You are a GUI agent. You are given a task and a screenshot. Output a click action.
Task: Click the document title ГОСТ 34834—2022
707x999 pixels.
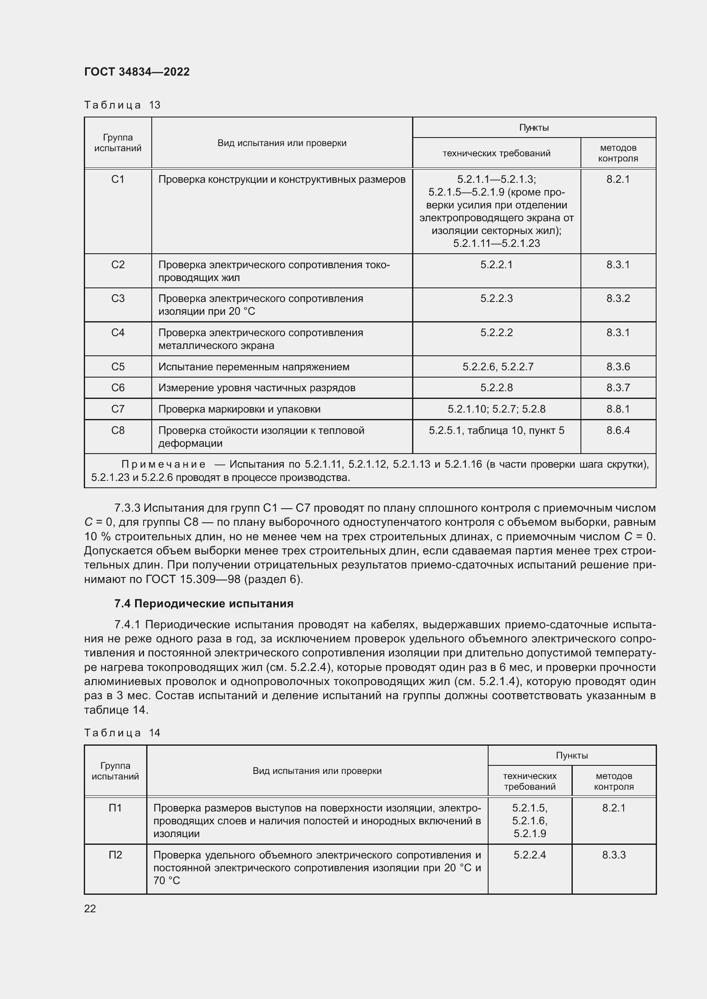coord(137,72)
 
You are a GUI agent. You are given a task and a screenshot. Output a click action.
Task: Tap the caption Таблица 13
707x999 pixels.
coord(122,105)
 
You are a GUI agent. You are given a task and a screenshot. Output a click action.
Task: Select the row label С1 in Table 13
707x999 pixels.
coord(118,179)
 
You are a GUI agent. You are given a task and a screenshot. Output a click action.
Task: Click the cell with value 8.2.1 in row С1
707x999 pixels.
coord(618,179)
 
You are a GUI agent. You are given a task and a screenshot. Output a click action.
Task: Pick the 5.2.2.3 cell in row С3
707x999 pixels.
coord(496,299)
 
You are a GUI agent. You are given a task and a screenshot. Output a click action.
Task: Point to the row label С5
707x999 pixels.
coord(118,367)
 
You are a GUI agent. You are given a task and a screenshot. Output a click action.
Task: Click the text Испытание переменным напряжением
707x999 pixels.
coord(253,367)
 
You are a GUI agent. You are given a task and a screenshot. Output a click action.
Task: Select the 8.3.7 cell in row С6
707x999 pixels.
coord(618,388)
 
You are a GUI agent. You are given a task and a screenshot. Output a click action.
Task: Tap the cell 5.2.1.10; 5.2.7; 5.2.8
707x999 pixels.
coord(496,409)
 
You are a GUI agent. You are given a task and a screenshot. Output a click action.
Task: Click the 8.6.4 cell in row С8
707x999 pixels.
coord(618,431)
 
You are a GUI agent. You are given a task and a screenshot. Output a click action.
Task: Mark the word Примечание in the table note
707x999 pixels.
coord(163,465)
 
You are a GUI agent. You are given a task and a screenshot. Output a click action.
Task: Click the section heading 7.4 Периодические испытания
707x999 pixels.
coord(204,604)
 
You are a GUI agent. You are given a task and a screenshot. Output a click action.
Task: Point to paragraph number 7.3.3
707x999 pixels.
coord(127,508)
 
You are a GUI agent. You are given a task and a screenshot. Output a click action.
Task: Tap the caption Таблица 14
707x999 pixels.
coord(122,733)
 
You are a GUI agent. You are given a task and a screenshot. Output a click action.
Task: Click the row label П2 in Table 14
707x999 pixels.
coord(115,855)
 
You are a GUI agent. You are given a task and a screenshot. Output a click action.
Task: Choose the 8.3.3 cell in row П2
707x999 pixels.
coord(613,855)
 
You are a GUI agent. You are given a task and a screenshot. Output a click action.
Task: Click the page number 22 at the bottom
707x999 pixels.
coord(90,908)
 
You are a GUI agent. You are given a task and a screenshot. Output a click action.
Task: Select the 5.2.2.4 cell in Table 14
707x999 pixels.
coord(529,855)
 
